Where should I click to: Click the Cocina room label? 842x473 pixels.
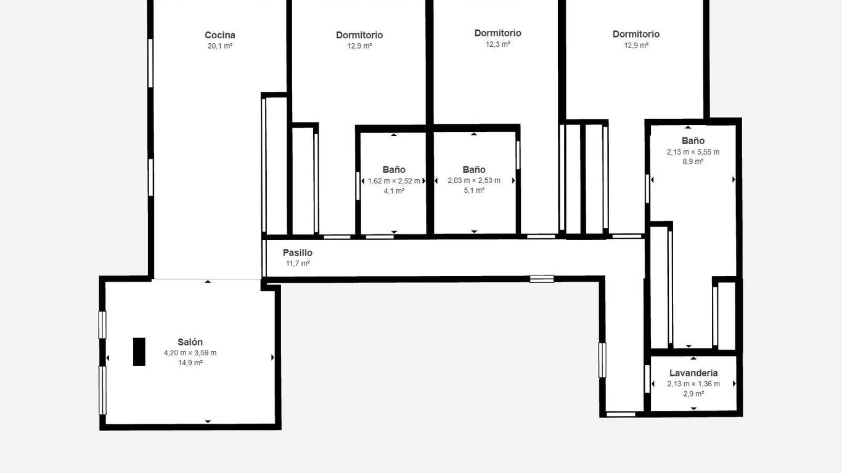coord(220,35)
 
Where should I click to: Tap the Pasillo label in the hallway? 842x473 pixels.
coord(297,253)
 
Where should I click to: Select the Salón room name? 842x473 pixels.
coord(190,342)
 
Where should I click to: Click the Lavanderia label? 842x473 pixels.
coord(693,373)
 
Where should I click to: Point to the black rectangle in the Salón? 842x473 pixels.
coord(139,352)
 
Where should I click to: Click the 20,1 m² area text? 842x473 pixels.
coord(220,46)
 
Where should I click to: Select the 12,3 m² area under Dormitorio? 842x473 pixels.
coord(497,44)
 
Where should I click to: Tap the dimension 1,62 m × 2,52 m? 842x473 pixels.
coord(394,181)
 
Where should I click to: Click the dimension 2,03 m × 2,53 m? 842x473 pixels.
coord(474,180)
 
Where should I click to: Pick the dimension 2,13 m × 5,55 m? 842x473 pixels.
coord(693,152)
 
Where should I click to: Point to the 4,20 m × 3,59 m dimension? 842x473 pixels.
coord(190,353)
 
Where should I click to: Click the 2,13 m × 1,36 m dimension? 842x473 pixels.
coord(693,384)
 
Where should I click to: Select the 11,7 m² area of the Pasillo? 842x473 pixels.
coord(298,264)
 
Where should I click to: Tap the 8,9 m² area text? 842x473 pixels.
coord(693,161)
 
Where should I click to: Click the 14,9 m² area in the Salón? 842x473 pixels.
coord(190,363)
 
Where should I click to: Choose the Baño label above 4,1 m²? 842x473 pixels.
coord(394,170)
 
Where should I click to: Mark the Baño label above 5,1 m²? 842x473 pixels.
coord(474,170)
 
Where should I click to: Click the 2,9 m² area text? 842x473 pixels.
coord(693,394)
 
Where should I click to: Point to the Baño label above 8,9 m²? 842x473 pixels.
coord(693,141)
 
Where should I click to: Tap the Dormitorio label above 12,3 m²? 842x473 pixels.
coord(497,33)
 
